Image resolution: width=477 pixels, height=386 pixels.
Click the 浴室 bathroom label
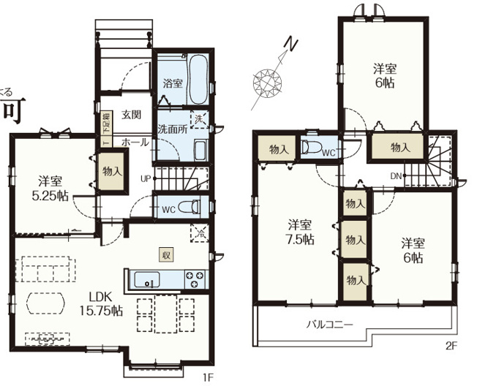[173, 84]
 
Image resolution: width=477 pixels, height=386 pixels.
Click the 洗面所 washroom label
[173, 129]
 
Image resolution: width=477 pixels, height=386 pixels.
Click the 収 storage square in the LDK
[167, 254]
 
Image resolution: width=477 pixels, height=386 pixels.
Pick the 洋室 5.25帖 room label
[50, 188]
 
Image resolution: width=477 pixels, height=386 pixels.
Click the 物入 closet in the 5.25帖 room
[112, 173]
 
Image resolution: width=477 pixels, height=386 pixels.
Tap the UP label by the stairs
[146, 179]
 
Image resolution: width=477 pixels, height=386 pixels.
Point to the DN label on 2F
[394, 176]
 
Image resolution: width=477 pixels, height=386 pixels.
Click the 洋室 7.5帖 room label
[300, 231]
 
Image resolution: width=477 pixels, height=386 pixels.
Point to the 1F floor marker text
[207, 377]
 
